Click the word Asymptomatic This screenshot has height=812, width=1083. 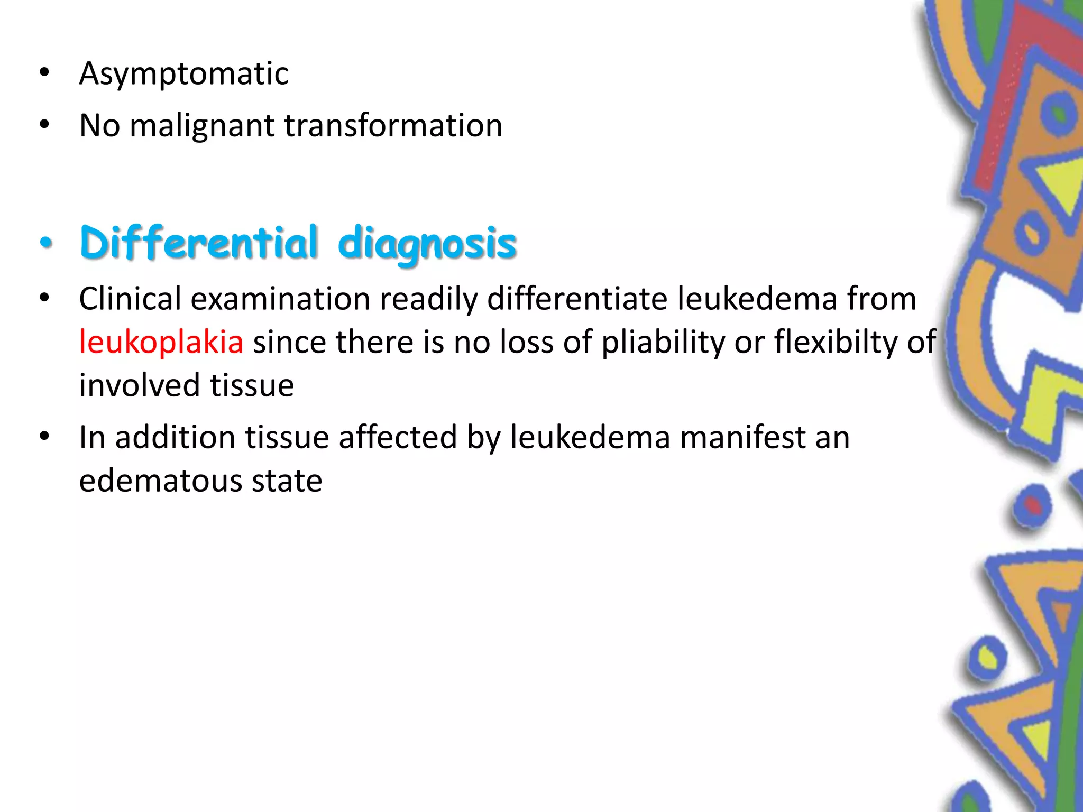tap(183, 73)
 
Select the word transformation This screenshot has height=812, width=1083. tap(393, 126)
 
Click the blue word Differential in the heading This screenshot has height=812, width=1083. tap(199, 243)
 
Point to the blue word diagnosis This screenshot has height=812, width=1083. tap(427, 244)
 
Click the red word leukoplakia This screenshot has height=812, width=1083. tap(161, 342)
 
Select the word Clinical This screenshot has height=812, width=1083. tap(130, 299)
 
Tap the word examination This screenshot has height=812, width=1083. tap(280, 299)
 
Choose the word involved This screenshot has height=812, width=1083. tap(140, 385)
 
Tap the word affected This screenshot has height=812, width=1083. tap(398, 438)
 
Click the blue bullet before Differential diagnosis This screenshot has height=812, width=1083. tap(47, 243)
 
